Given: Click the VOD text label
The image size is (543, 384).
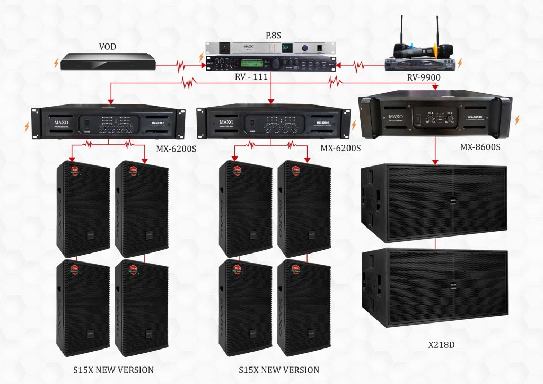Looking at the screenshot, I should tap(107, 47).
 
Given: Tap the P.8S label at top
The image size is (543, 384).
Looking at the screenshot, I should tap(273, 36).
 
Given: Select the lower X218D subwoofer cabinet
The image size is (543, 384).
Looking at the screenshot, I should tap(434, 283).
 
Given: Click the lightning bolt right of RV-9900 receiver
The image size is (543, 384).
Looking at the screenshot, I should tap(460, 63).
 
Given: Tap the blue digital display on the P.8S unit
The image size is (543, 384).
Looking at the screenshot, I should tap(287, 49).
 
